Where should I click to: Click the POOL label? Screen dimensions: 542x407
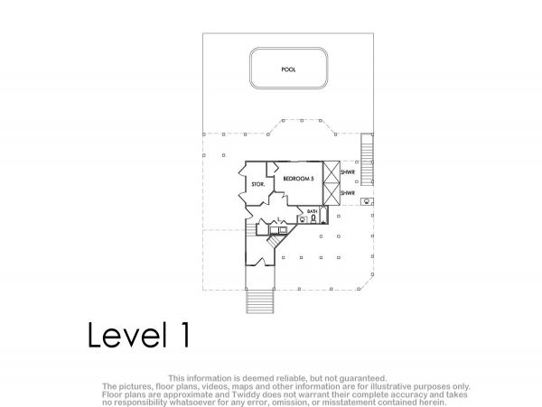coord(288,69)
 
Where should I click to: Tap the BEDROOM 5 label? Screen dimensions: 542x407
coord(298,179)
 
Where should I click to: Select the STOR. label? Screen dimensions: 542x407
coord(257,185)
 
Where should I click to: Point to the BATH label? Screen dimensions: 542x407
coord(313,211)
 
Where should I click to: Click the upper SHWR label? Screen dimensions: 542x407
coord(348,171)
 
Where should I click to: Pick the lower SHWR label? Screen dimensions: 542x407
coord(348,193)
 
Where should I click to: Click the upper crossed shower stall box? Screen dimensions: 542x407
coord(332,171)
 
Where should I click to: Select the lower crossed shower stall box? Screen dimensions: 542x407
coord(332,194)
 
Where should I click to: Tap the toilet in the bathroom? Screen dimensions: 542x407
coord(313,219)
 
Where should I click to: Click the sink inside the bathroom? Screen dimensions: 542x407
coord(304,219)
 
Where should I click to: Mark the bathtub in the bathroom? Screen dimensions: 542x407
coord(323,215)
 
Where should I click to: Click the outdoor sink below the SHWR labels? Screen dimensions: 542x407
coord(367,201)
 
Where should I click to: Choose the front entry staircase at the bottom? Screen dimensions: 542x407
coord(260,301)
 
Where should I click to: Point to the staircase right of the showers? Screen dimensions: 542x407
coord(367,160)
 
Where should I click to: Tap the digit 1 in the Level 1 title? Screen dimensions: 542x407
coord(185,335)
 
